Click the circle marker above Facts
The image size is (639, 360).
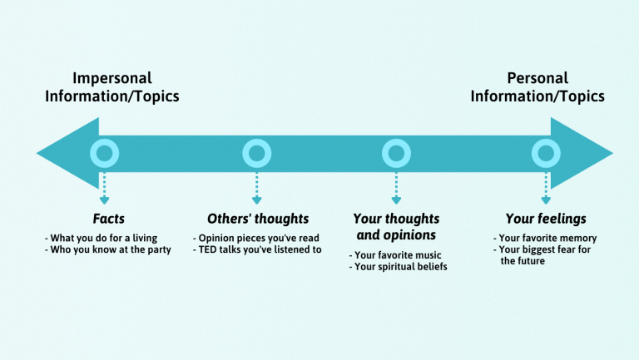coord(103,153)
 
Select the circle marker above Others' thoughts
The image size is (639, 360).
coord(256,153)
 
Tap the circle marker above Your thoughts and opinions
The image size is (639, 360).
coord(396,153)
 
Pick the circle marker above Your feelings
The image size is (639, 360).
coord(546,153)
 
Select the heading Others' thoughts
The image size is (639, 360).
coord(257,219)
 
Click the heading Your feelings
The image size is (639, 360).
coord(546,219)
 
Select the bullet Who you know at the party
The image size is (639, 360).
coord(107,249)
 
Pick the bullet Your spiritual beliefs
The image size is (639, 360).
coord(398,267)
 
